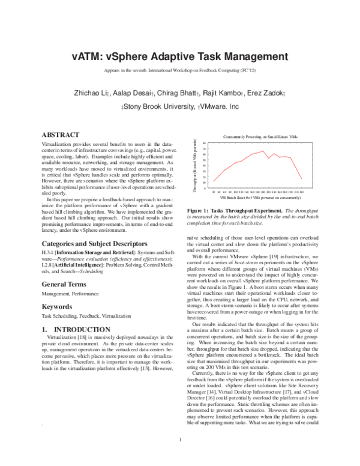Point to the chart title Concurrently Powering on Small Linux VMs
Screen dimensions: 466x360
(252, 138)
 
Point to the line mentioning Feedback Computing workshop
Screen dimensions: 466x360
(180, 71)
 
